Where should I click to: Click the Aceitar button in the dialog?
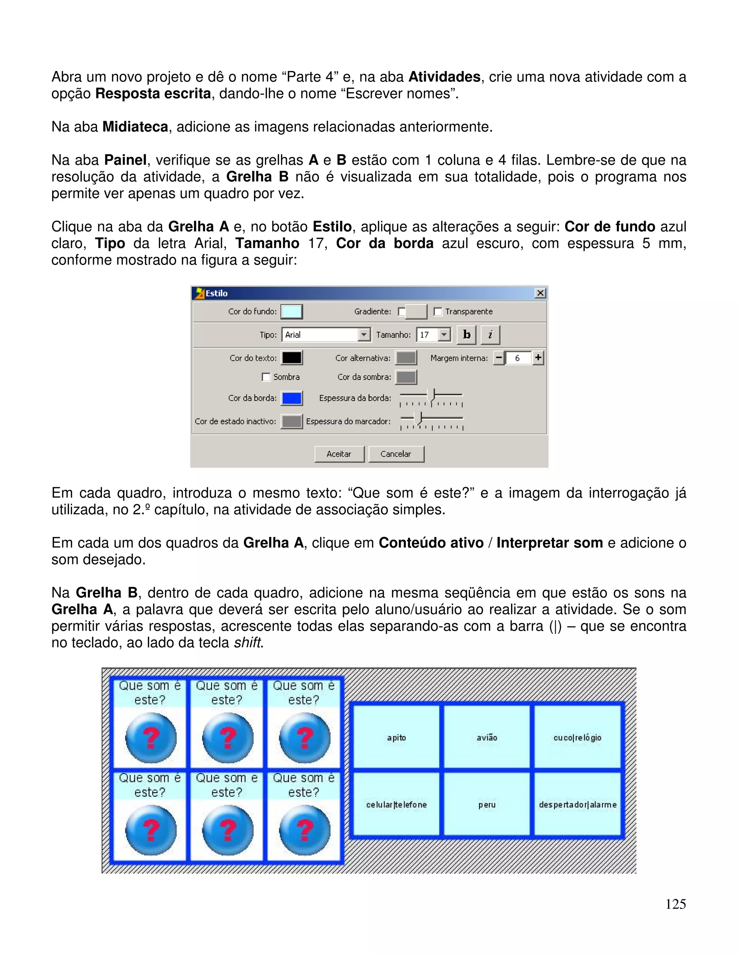(x=339, y=454)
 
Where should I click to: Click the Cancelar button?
(x=396, y=454)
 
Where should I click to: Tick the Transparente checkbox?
(x=437, y=311)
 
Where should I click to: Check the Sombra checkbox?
(x=266, y=377)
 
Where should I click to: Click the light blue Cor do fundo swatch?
(x=292, y=312)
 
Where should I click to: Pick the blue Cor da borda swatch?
(x=292, y=398)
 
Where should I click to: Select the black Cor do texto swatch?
(x=292, y=358)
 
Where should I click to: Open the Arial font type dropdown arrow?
(x=364, y=335)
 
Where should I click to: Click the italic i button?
(x=490, y=335)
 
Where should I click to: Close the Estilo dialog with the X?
(x=541, y=293)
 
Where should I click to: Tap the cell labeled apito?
(x=396, y=738)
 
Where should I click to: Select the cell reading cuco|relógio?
(x=577, y=738)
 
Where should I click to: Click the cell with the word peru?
(x=486, y=805)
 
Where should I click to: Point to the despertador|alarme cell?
(x=577, y=805)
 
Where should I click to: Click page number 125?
(x=676, y=904)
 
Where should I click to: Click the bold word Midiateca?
(x=135, y=127)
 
